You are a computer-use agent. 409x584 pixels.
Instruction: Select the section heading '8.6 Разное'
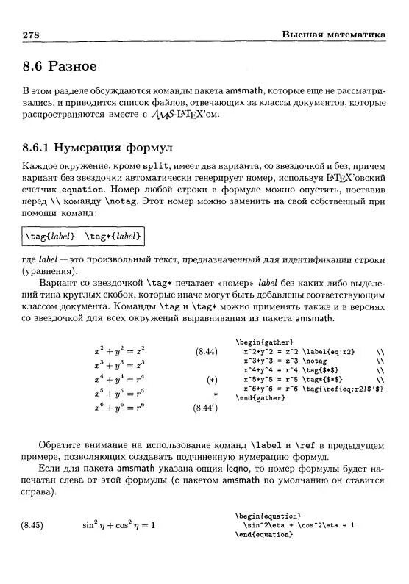pyautogui.click(x=60, y=66)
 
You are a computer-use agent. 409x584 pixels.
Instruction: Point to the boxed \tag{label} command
pyautogui.click(x=50, y=236)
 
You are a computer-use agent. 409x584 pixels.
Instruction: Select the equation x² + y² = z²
pyautogui.click(x=120, y=350)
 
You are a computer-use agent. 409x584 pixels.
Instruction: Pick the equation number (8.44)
pyautogui.click(x=206, y=352)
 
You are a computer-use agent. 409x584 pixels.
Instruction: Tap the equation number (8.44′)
pyautogui.click(x=205, y=408)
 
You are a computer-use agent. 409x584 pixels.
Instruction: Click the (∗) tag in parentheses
pyautogui.click(x=212, y=380)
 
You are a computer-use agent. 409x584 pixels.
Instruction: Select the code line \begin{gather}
pyautogui.click(x=264, y=342)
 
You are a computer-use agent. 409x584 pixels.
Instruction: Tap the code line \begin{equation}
pyautogui.click(x=268, y=516)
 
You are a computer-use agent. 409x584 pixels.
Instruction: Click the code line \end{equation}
pyautogui.click(x=264, y=535)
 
